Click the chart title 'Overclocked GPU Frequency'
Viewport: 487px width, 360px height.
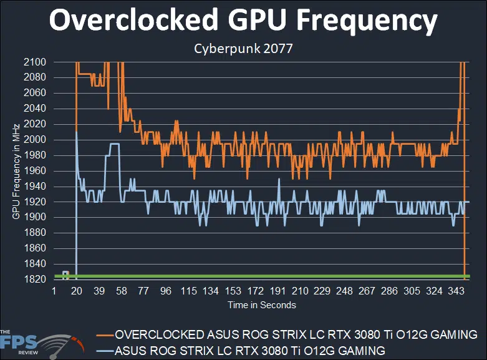[243, 21]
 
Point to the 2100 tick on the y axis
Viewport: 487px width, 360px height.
[35, 62]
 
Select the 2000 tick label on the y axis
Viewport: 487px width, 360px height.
[35, 139]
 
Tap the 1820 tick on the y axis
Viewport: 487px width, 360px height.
[35, 279]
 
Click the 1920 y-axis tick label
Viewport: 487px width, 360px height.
[35, 202]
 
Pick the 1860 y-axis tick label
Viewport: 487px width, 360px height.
[35, 248]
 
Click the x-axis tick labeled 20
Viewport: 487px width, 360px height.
[77, 291]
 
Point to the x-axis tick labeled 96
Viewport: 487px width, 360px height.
[166, 291]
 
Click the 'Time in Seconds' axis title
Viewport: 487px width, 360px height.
[261, 305]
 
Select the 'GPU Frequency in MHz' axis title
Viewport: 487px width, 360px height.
[16, 170]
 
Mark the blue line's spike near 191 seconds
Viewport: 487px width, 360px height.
[278, 179]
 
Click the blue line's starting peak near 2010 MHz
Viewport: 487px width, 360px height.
[76, 132]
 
